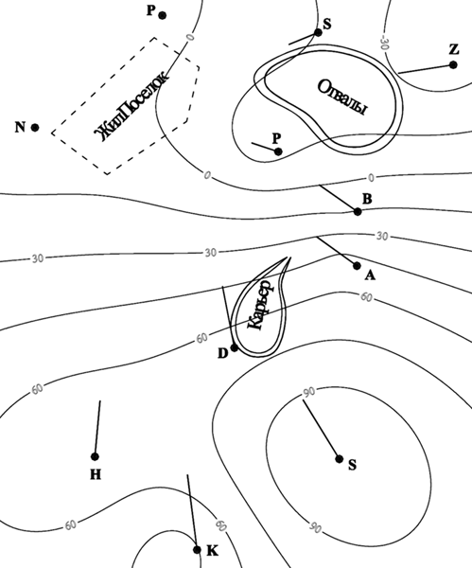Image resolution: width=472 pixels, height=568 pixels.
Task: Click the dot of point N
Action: tap(35, 128)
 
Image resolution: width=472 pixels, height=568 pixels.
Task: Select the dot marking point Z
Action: tap(453, 64)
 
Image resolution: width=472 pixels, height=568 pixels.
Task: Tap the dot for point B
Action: tap(358, 211)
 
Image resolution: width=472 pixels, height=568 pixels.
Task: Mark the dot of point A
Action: tap(357, 266)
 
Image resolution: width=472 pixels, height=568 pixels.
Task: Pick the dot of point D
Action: tap(235, 347)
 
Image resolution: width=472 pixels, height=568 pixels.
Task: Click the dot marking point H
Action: tap(95, 457)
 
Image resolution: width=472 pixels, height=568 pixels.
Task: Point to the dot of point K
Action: tap(197, 550)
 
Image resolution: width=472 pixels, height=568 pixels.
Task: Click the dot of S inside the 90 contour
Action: tap(340, 459)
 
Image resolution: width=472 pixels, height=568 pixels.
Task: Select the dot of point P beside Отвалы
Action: tap(278, 151)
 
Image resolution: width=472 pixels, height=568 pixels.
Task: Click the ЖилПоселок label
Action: tap(131, 106)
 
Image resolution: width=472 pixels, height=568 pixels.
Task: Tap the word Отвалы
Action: tap(342, 97)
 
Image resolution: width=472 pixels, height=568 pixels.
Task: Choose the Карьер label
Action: tap(261, 305)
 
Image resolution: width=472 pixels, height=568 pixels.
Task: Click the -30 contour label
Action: tap(384, 43)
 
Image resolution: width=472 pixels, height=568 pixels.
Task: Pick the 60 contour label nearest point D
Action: tap(202, 338)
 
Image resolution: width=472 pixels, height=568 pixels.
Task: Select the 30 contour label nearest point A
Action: tap(382, 236)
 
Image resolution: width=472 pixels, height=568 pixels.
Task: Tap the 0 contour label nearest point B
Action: tap(371, 178)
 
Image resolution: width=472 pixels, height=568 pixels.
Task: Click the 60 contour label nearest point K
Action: tap(221, 525)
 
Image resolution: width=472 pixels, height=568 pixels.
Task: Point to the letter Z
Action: tap(454, 49)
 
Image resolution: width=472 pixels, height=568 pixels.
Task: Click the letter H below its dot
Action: tap(96, 474)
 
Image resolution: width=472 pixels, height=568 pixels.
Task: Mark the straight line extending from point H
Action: tap(97, 429)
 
